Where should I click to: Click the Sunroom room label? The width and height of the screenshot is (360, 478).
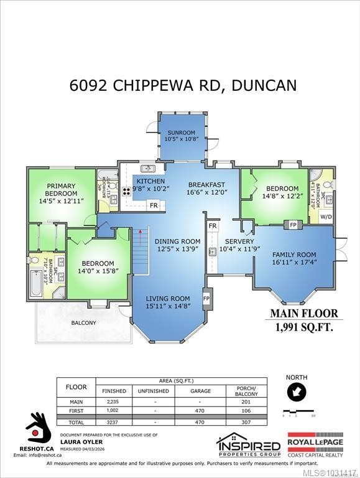coord(180,136)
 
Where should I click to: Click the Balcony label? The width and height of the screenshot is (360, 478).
coord(83,322)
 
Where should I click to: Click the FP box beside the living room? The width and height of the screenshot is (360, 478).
coord(207,298)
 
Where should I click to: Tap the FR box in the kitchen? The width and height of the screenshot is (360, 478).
coord(154,205)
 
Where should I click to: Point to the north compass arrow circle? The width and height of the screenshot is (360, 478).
coord(295,393)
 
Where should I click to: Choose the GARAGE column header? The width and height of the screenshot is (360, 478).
coord(201,391)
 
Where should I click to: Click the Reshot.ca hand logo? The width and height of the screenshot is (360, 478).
coord(39,427)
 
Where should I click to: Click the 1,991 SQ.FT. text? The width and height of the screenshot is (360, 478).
coord(304,326)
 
